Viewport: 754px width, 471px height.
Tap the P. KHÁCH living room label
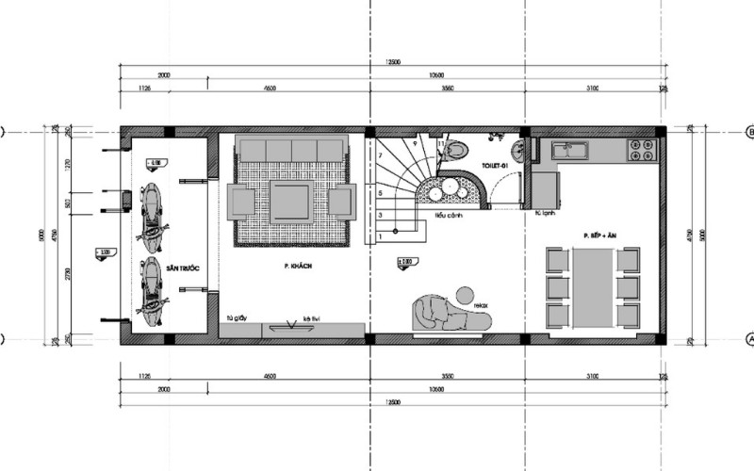pyautogui.click(x=297, y=268)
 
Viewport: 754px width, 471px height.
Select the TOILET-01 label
pyautogui.click(x=495, y=165)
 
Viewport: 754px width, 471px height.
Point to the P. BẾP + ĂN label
pyautogui.click(x=598, y=233)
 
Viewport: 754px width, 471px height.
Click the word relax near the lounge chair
pyautogui.click(x=481, y=305)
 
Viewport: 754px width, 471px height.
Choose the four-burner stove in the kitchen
pyautogui.click(x=641, y=149)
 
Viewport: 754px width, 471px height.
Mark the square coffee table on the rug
pyautogui.click(x=291, y=201)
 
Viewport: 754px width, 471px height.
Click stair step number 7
pyautogui.click(x=379, y=154)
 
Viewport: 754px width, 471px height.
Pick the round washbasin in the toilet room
pyautogui.click(x=518, y=153)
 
